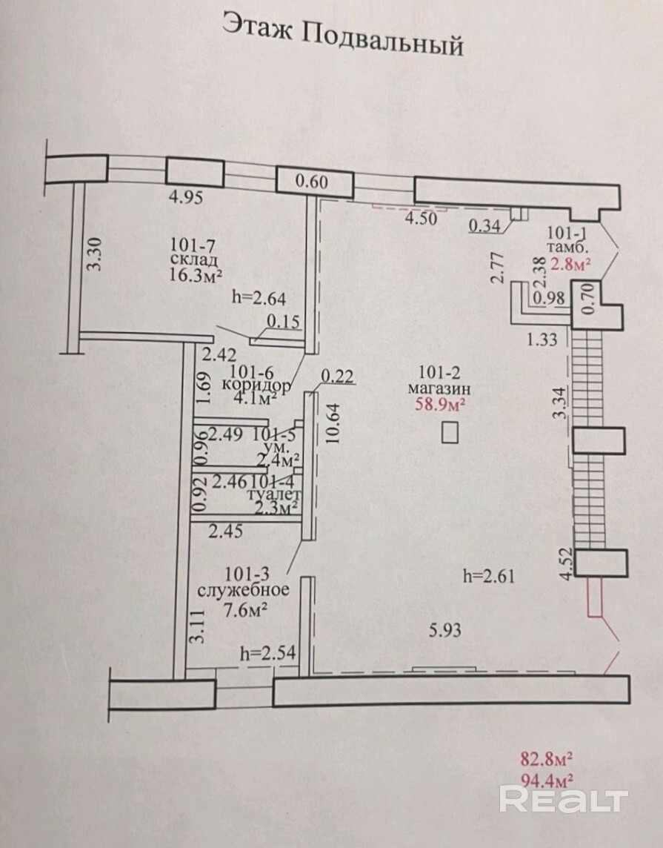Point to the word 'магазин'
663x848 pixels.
tap(439, 388)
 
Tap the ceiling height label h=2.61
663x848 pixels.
tap(488, 577)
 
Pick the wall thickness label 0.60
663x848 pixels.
tap(312, 182)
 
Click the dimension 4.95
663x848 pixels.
tap(186, 197)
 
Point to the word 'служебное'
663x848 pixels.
tap(243, 590)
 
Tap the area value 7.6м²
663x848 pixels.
tap(246, 610)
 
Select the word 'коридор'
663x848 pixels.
tap(256, 385)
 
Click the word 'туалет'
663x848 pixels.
tap(273, 494)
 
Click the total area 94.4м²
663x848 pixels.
tap(546, 779)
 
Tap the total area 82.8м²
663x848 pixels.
tap(546, 759)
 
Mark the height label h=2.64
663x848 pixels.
tap(259, 297)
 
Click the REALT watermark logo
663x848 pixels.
tap(564, 799)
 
